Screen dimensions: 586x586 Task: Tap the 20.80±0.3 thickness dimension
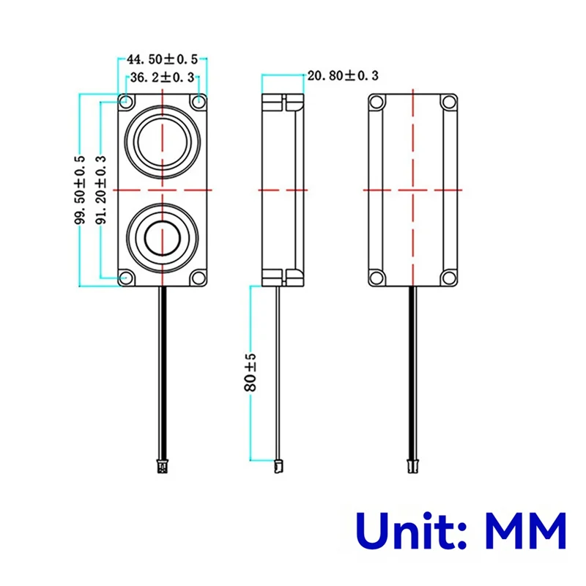344,75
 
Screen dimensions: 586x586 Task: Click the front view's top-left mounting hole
126,101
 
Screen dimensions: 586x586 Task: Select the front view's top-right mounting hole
199,101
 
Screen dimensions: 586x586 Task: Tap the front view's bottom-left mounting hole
126,278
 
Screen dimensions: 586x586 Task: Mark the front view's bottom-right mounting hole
199,278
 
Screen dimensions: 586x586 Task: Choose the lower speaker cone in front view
162,237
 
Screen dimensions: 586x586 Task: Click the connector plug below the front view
162,464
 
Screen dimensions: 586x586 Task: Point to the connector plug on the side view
278,464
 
